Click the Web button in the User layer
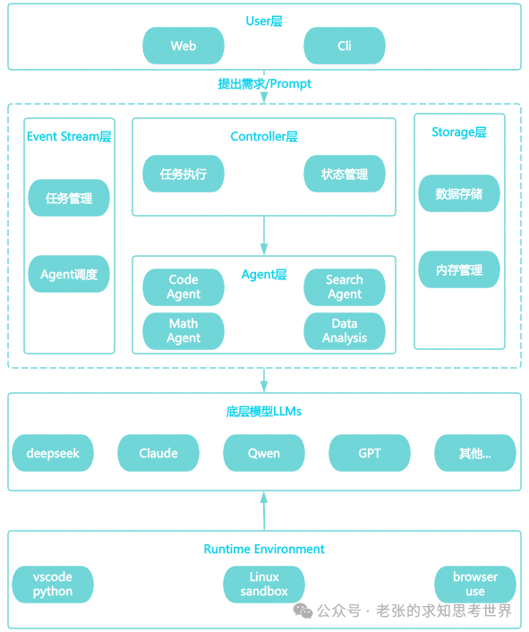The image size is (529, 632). pyautogui.click(x=183, y=46)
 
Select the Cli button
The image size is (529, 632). pyautogui.click(x=345, y=46)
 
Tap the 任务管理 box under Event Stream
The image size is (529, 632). pyautogui.click(x=69, y=198)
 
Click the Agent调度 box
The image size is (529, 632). pyautogui.click(x=69, y=274)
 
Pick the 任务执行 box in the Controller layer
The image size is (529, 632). pyautogui.click(x=183, y=175)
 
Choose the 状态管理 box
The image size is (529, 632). pyautogui.click(x=345, y=175)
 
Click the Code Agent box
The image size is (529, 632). pyautogui.click(x=183, y=287)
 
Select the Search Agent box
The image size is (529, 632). pyautogui.click(x=345, y=287)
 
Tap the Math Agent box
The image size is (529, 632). pyautogui.click(x=183, y=331)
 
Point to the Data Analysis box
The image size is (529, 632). pyautogui.click(x=345, y=331)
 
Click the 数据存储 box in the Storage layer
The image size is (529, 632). pyautogui.click(x=459, y=193)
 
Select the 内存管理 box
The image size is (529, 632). pyautogui.click(x=459, y=269)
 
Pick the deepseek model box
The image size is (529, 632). pyautogui.click(x=53, y=453)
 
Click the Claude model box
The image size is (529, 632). pyautogui.click(x=158, y=453)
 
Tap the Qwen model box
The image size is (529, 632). pyautogui.click(x=264, y=453)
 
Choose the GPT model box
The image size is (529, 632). pyautogui.click(x=370, y=453)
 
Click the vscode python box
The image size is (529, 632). pyautogui.click(x=53, y=585)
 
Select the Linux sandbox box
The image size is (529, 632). pyautogui.click(x=264, y=585)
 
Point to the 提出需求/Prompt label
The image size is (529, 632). pyautogui.click(x=265, y=83)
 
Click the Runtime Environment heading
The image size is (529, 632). pyautogui.click(x=264, y=549)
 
